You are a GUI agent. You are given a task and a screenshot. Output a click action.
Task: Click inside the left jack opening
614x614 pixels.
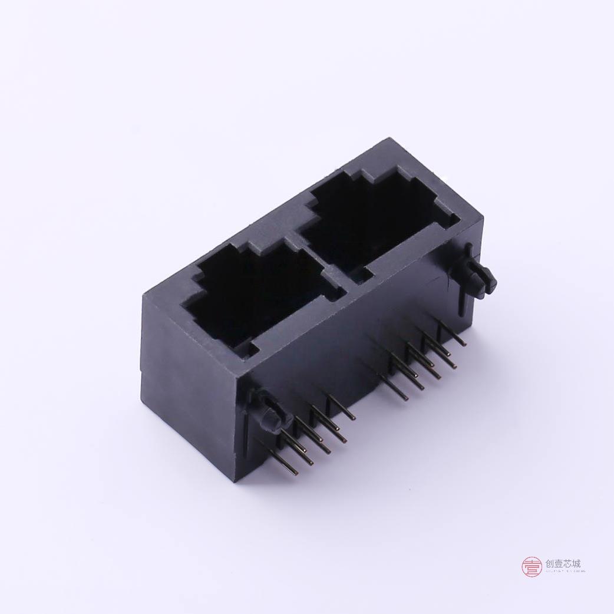pos(253,295)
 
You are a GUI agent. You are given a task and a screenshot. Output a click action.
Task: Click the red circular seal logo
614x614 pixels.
pos(532,567)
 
